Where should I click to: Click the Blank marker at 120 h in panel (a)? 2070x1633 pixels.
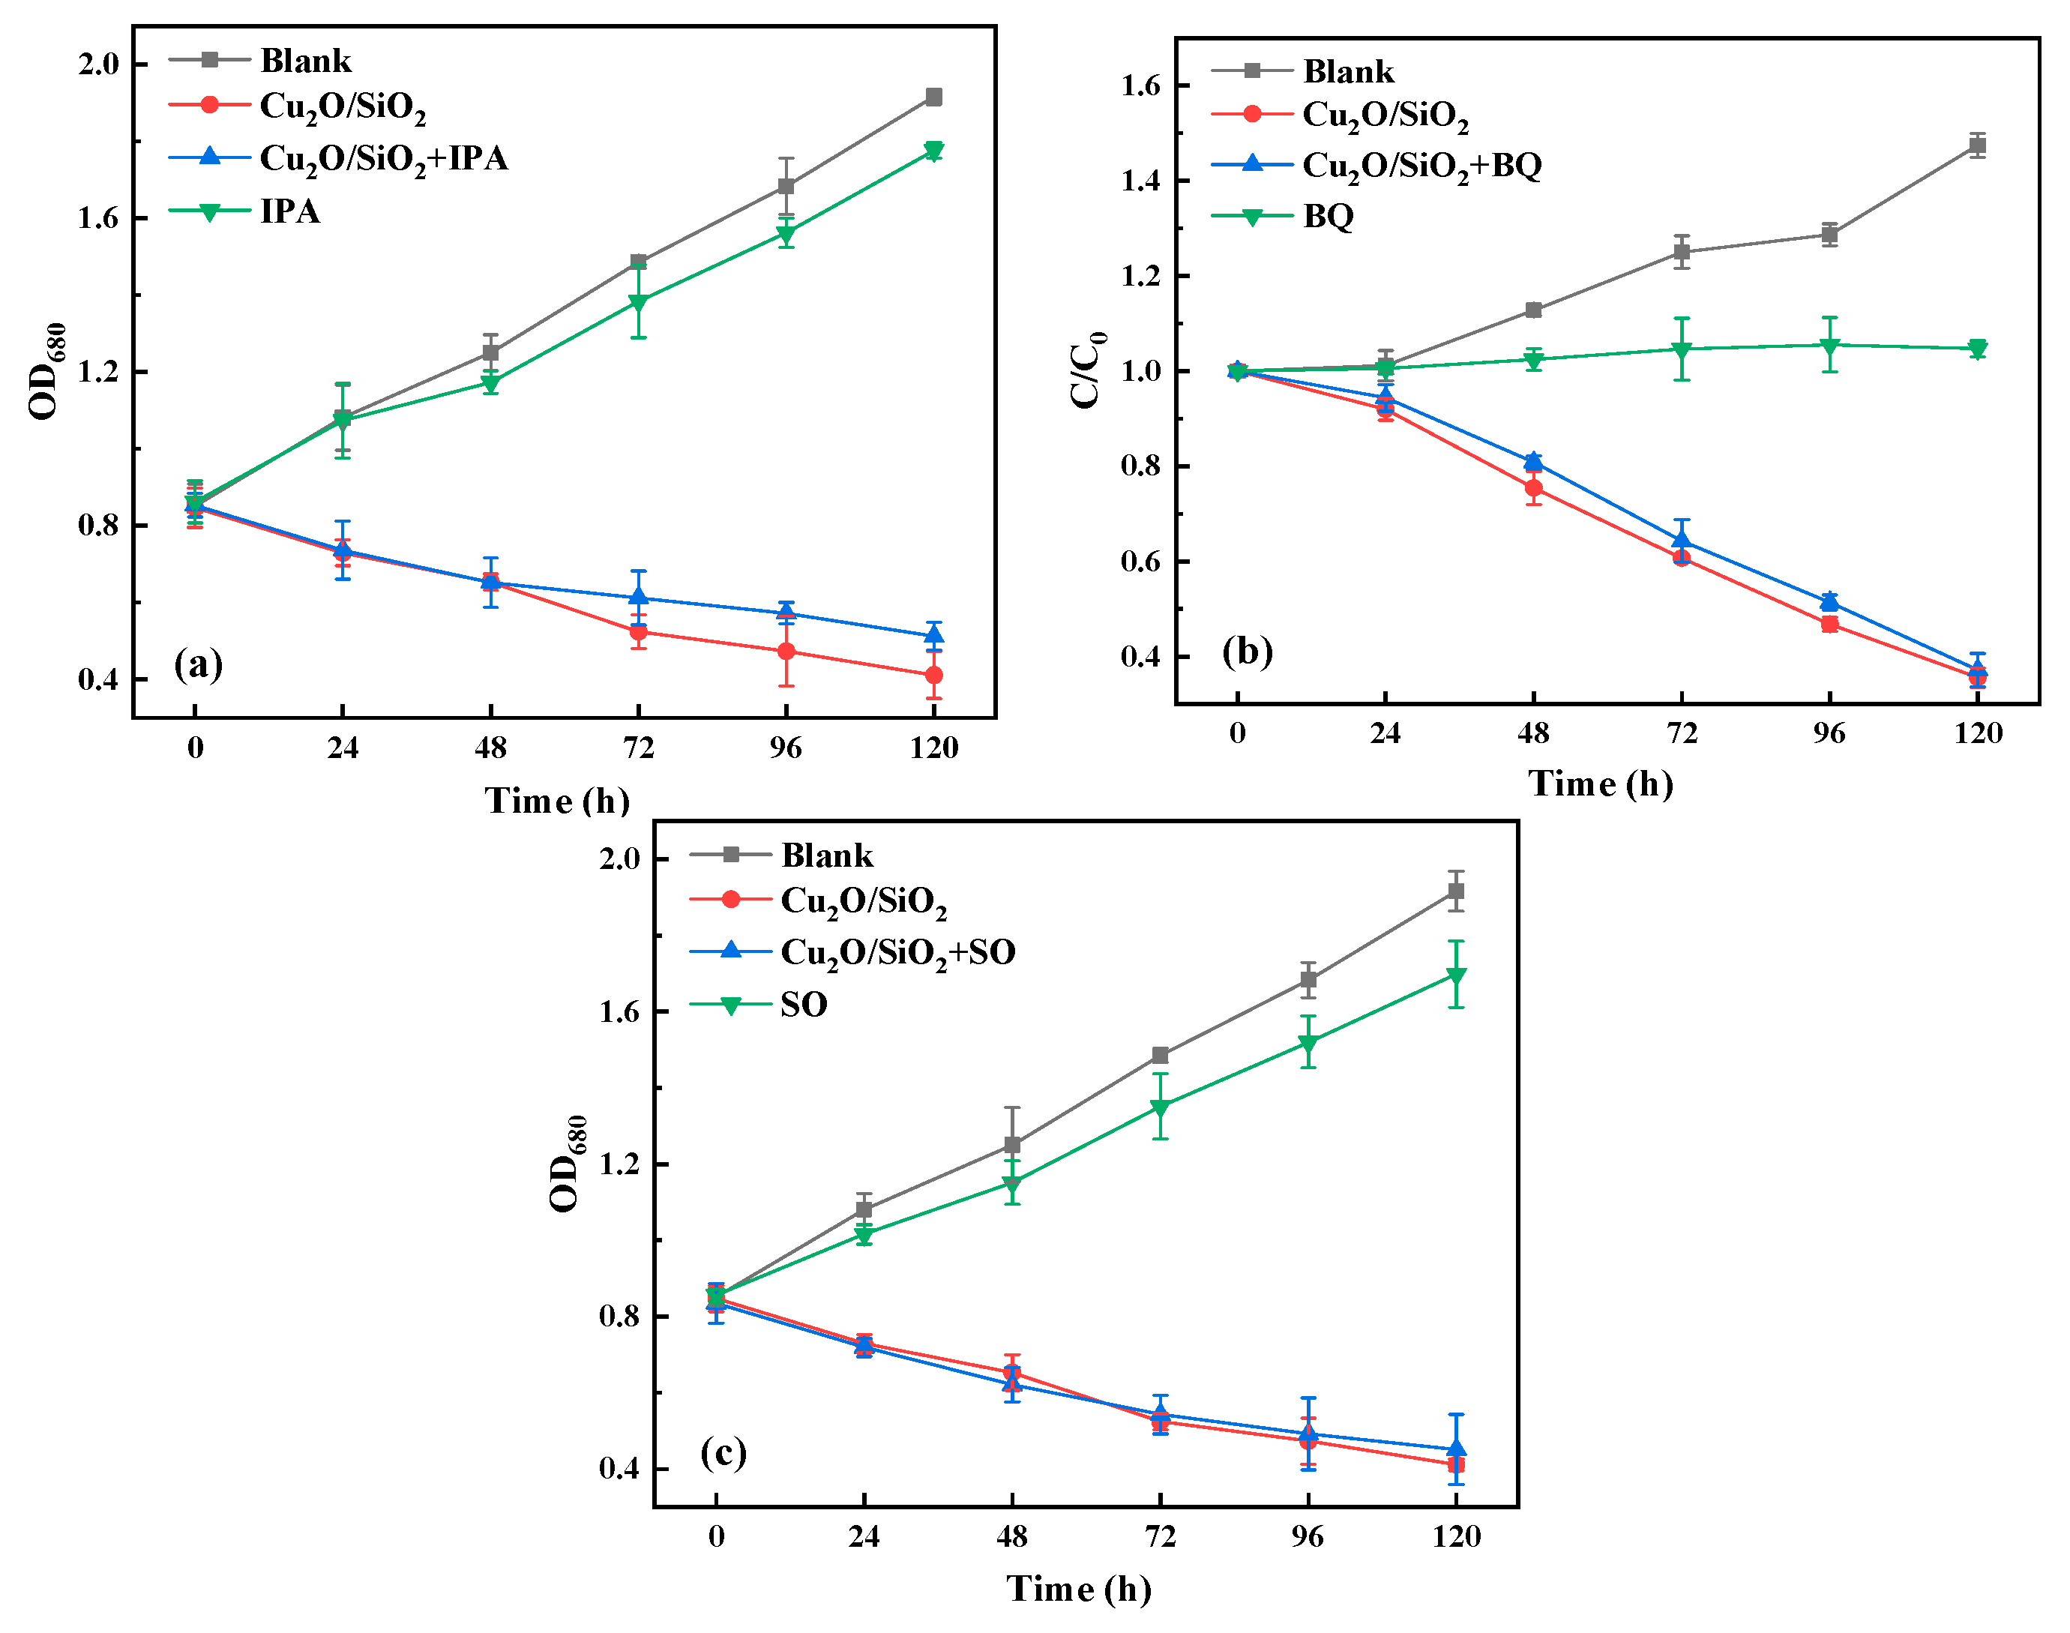point(933,97)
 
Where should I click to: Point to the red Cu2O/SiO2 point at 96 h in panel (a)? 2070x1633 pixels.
point(785,651)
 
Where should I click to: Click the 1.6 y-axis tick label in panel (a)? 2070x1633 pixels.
point(98,218)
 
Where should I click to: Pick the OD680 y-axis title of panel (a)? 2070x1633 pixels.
point(46,371)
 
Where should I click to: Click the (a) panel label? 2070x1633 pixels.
point(198,664)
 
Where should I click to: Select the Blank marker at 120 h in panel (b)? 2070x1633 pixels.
point(1976,146)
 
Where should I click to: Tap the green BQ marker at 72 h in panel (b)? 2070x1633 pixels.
point(1681,350)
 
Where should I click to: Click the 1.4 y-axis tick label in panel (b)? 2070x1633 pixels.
point(1140,181)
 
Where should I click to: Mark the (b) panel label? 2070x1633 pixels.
point(1247,651)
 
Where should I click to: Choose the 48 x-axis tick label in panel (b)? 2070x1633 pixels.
point(1532,733)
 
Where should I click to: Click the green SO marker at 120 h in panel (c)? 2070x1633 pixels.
point(1455,976)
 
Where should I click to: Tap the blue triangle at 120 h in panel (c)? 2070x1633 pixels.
point(1455,1449)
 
